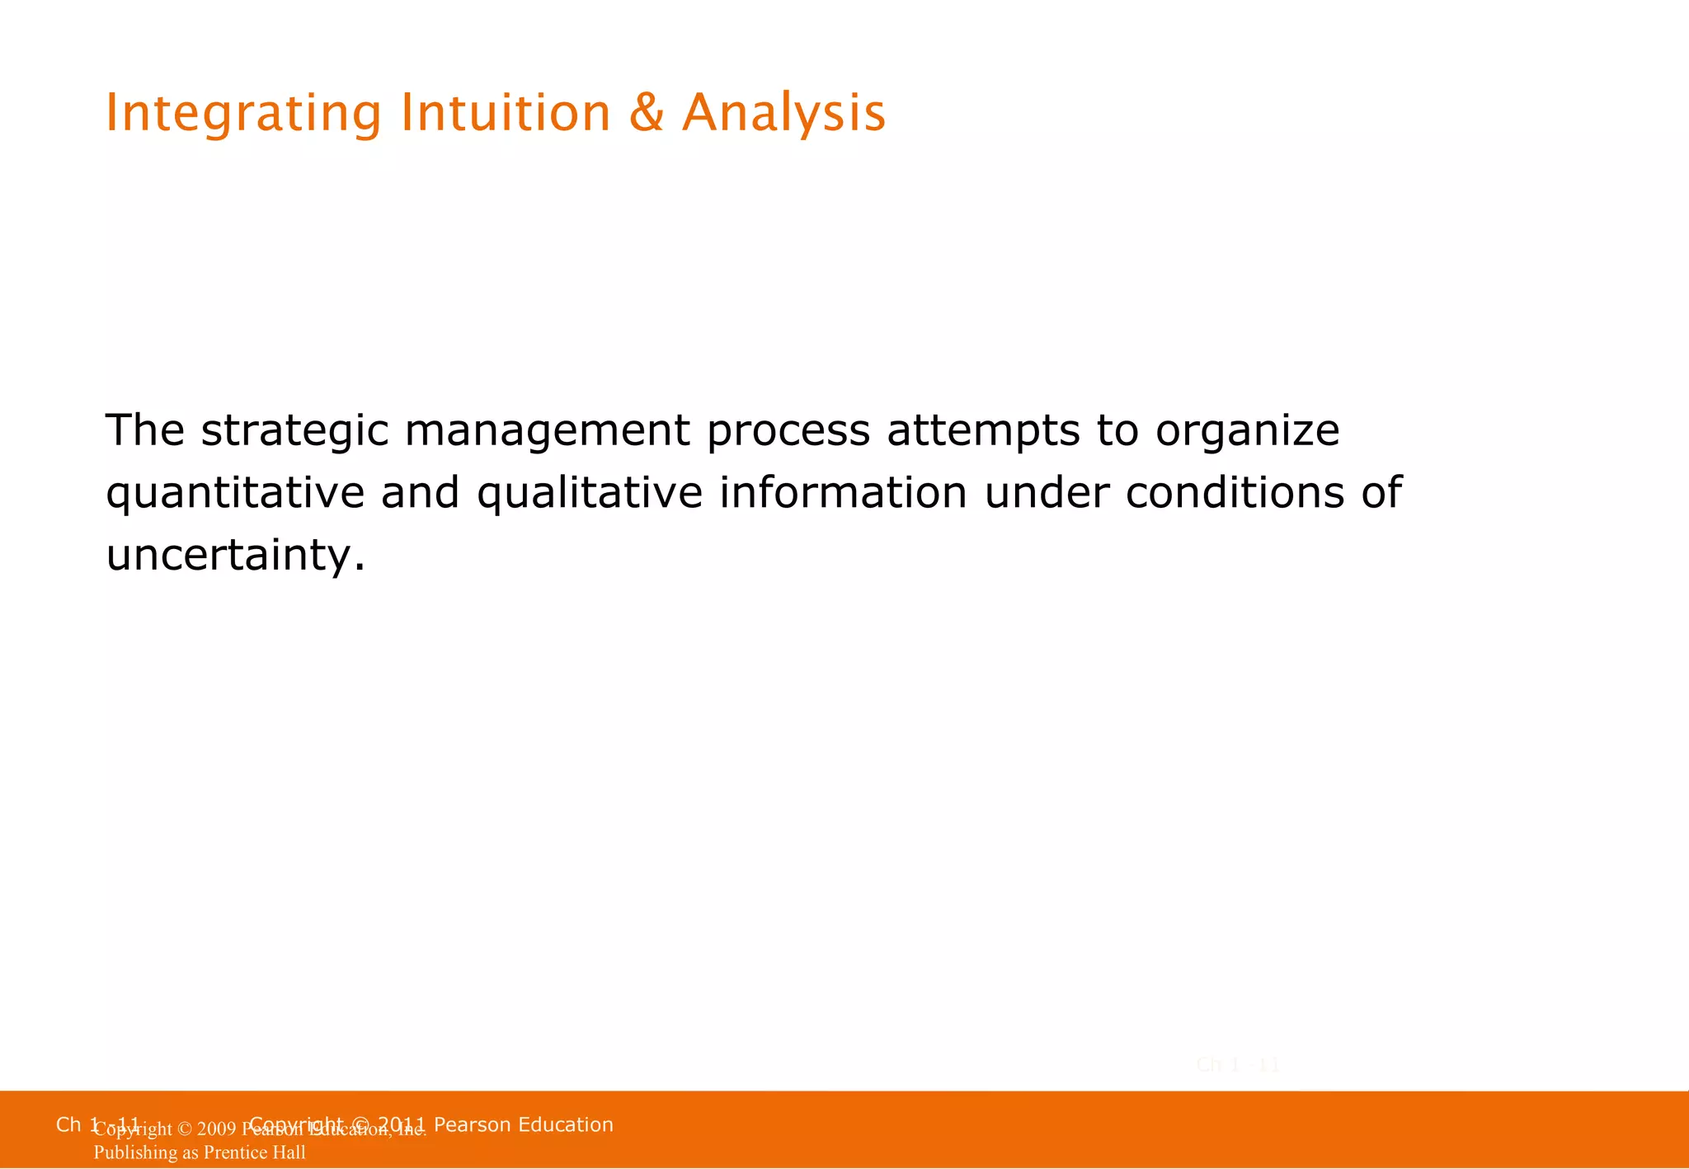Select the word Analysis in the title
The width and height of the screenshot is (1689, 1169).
click(x=783, y=114)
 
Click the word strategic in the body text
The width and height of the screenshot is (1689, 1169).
click(x=294, y=431)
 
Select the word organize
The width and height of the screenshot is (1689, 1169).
click(x=1247, y=431)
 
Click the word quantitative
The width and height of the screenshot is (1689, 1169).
click(x=235, y=494)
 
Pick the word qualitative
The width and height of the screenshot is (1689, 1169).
click(x=590, y=494)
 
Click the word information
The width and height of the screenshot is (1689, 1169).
click(x=843, y=492)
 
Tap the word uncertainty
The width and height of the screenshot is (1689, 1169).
click(x=235, y=555)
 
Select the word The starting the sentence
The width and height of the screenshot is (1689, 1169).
click(x=145, y=430)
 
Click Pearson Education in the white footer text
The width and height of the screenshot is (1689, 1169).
click(x=523, y=1124)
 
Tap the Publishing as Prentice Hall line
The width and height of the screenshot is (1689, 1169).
click(x=200, y=1153)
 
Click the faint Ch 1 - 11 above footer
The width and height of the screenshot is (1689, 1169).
click(x=1237, y=1065)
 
